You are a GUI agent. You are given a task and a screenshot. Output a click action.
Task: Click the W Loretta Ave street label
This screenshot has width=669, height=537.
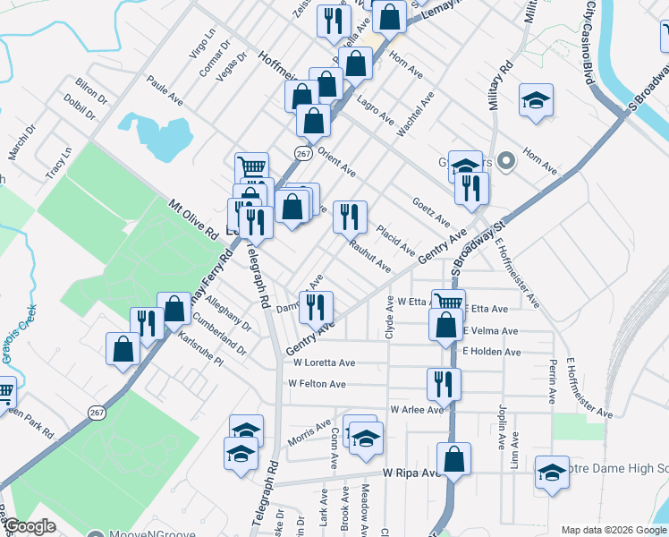pos(324,363)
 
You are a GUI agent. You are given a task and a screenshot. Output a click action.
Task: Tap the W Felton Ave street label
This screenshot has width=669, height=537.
pos(317,384)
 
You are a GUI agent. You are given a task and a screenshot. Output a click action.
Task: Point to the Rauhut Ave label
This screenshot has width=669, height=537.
pos(369,257)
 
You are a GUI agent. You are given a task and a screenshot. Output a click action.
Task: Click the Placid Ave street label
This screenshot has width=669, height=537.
pos(394,239)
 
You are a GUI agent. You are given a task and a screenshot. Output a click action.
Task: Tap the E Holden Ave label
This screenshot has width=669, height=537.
pos(491,352)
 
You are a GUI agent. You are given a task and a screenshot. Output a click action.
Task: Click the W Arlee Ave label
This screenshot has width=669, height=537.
pos(416,410)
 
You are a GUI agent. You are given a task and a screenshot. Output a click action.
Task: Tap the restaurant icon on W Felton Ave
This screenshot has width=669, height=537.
pos(444,383)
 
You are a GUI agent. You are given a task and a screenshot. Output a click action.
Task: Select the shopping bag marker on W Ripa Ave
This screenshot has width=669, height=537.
pos(454,458)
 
